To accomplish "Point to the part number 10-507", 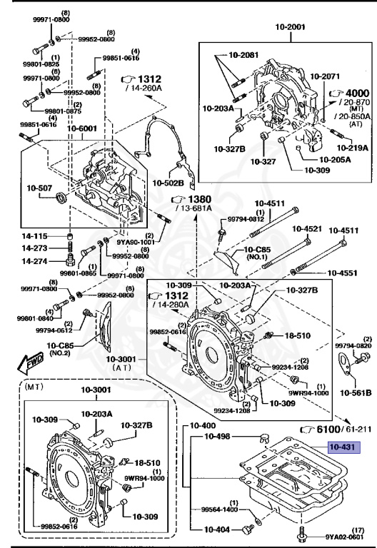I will pyautogui.click(x=41, y=188).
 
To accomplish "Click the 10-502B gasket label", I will pyautogui.click(x=169, y=183).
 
